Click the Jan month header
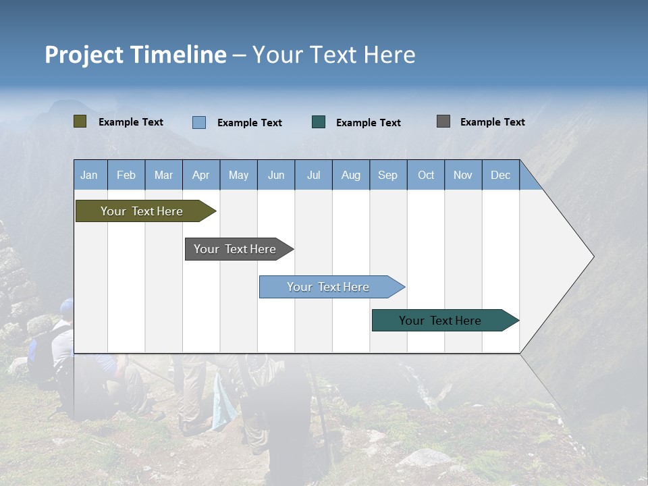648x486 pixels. pyautogui.click(x=89, y=175)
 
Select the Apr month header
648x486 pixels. pyautogui.click(x=201, y=175)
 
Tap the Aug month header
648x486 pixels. pyautogui.click(x=351, y=175)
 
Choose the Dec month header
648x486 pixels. pyautogui.click(x=501, y=175)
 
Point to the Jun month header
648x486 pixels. pyautogui.click(x=276, y=175)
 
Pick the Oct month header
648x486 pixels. pyautogui.click(x=426, y=175)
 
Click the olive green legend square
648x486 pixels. pyautogui.click(x=80, y=122)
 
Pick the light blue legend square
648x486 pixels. pyautogui.click(x=199, y=122)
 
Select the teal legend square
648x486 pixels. pyautogui.click(x=319, y=122)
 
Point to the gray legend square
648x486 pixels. pyautogui.click(x=443, y=122)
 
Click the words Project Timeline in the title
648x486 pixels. pyautogui.click(x=136, y=55)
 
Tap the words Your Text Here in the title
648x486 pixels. pyautogui.click(x=334, y=55)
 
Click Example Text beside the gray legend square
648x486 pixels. pyautogui.click(x=492, y=122)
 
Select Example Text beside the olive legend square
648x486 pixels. pyautogui.click(x=131, y=122)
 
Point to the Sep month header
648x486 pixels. pyautogui.click(x=388, y=175)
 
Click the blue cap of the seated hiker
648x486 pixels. pyautogui.click(x=66, y=306)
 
